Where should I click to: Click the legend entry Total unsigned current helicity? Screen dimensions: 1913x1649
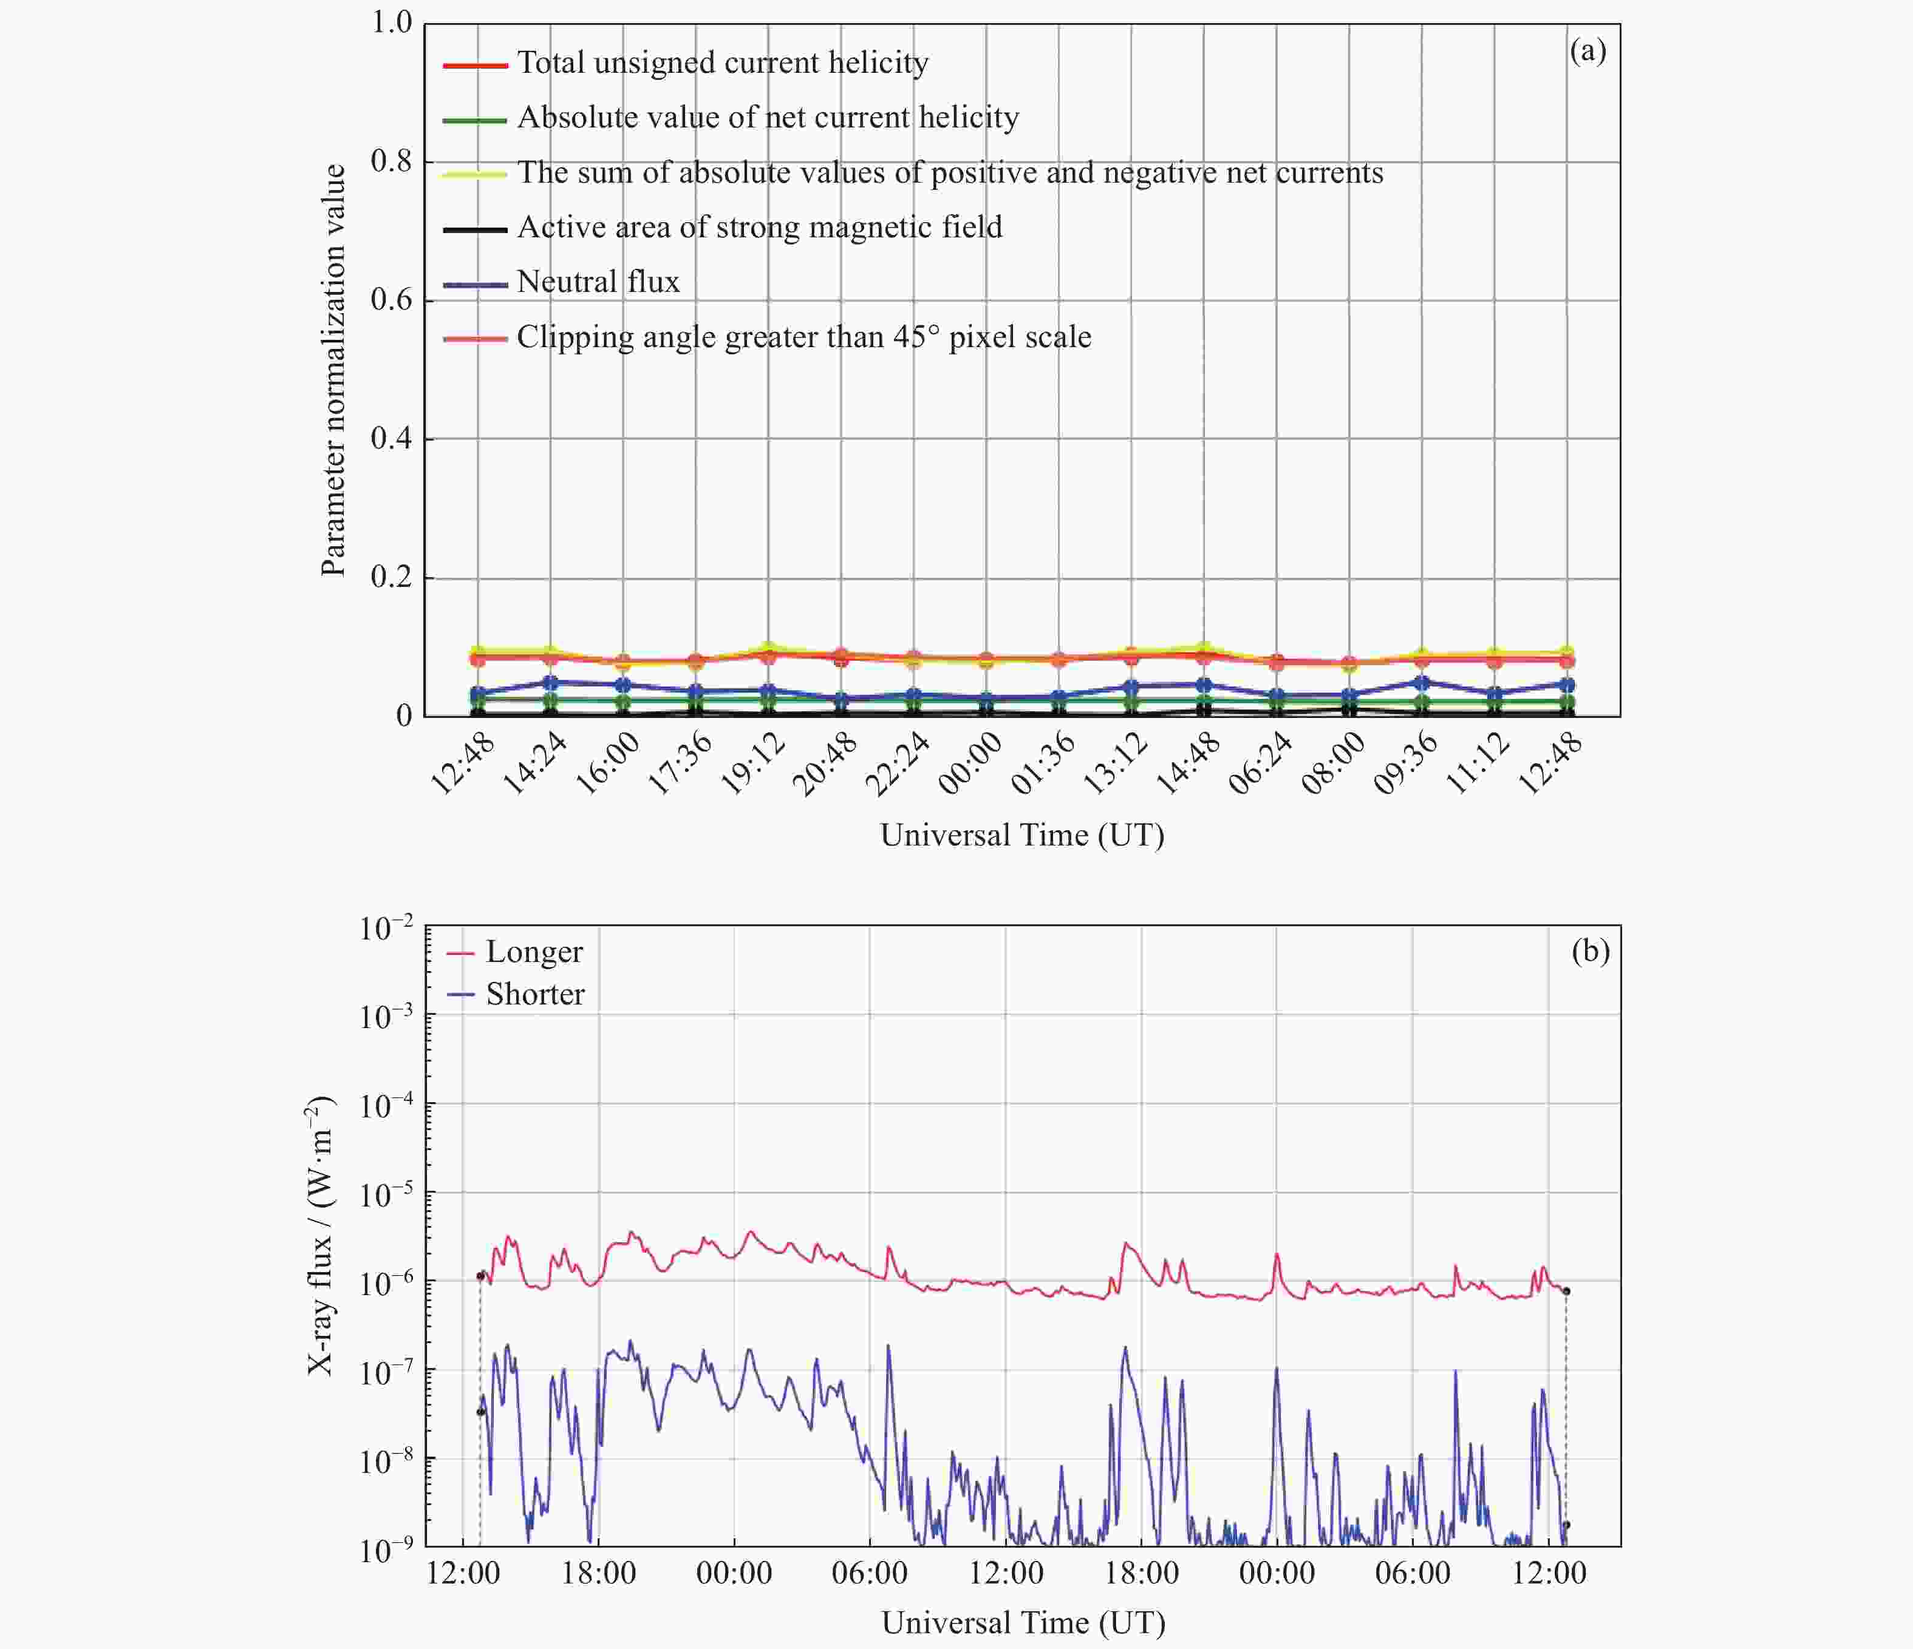723,63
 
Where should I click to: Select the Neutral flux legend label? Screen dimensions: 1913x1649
598,282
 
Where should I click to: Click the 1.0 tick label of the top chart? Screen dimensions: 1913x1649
392,22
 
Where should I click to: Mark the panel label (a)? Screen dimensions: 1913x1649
1588,51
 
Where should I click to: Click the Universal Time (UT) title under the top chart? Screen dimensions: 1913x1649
1022,835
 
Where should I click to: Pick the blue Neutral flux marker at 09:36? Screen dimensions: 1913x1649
1422,683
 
